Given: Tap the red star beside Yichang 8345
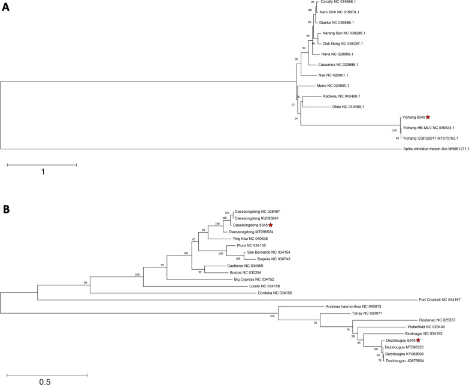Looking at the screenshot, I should (x=428, y=118).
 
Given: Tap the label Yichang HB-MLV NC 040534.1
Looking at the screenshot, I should (x=428, y=128).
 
